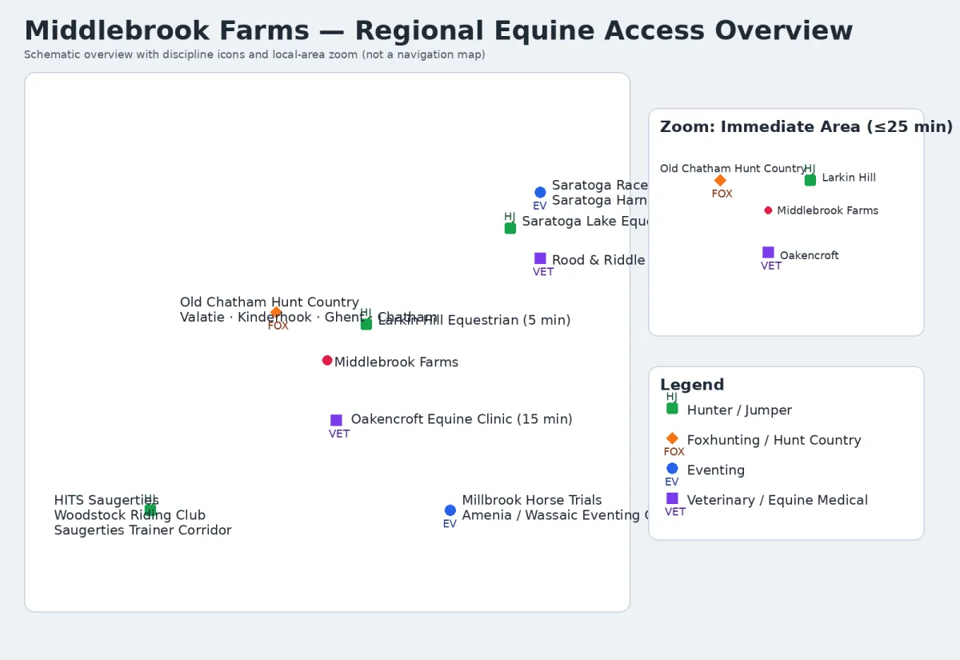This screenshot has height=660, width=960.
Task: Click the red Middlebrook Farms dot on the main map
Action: click(x=327, y=361)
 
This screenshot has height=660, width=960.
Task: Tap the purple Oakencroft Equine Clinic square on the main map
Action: click(x=336, y=420)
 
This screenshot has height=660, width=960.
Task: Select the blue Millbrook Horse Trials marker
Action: click(x=450, y=510)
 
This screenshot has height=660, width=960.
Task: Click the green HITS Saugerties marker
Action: click(x=150, y=510)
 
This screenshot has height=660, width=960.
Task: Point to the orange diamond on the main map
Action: click(x=276, y=312)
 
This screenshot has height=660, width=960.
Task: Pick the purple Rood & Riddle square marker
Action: click(x=540, y=258)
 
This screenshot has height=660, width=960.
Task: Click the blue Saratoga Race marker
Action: click(x=540, y=192)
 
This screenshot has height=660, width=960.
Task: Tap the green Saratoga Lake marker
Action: click(x=510, y=228)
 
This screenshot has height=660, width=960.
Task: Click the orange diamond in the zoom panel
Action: click(x=720, y=180)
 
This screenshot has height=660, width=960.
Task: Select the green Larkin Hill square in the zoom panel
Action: click(x=810, y=180)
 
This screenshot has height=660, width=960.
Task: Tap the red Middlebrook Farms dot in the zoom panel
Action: click(x=768, y=210)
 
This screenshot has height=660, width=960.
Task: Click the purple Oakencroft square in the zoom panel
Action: click(x=768, y=253)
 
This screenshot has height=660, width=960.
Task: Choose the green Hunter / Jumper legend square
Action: click(x=672, y=409)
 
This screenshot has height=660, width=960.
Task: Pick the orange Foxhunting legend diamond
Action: click(x=672, y=438)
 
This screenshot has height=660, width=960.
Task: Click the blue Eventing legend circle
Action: click(x=672, y=469)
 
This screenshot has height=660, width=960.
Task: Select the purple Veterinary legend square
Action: click(x=672, y=498)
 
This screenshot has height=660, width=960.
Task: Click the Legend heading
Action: click(x=692, y=385)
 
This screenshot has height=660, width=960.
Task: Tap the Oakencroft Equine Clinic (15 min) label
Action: click(x=462, y=419)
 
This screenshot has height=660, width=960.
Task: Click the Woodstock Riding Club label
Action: click(x=130, y=515)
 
